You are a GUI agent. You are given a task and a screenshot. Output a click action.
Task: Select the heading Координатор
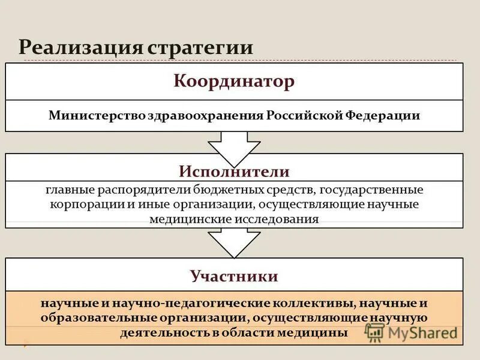pyautogui.click(x=234, y=82)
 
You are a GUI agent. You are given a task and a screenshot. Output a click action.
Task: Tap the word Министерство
pyautogui.click(x=94, y=115)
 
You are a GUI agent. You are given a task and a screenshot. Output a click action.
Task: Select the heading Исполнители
pyautogui.click(x=234, y=172)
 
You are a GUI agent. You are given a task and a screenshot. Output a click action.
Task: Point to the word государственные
pyautogui.click(x=371, y=190)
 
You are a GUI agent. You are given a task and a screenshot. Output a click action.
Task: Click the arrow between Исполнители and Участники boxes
pyautogui.click(x=234, y=242)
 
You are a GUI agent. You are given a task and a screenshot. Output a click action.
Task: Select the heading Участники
pyautogui.click(x=234, y=277)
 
